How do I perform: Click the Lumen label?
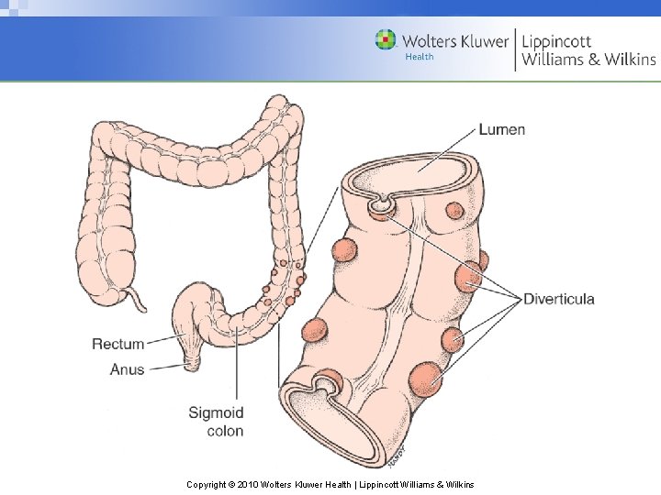(502, 128)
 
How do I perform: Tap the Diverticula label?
(559, 299)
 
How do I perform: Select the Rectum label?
(118, 344)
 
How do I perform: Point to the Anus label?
(127, 369)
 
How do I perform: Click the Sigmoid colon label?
(217, 422)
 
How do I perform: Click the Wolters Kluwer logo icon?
(387, 39)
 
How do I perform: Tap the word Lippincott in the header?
(556, 41)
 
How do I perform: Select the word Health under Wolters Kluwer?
(419, 57)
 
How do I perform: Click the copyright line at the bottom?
(330, 483)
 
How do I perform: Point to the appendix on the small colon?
(138, 298)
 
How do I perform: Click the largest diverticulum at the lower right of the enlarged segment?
(425, 378)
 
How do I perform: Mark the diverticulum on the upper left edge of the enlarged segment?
(344, 250)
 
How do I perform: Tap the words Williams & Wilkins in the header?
(588, 60)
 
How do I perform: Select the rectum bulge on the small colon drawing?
(196, 312)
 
